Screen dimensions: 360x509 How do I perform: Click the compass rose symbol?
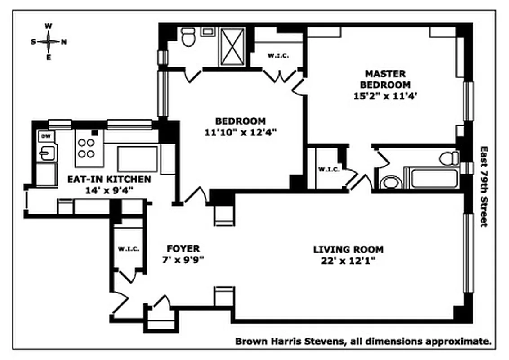pos(49,41)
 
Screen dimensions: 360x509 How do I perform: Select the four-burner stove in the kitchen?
pos(86,148)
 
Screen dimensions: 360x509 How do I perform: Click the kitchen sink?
pos(47,153)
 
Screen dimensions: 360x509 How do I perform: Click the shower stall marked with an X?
pos(232,46)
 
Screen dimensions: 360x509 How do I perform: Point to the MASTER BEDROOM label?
pos(385,79)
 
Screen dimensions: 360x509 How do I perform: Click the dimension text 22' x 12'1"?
pos(348,261)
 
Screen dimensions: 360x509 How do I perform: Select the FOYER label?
pos(183,249)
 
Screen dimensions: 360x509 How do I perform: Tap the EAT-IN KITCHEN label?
pos(109,179)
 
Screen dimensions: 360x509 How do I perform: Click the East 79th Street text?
pos(484,186)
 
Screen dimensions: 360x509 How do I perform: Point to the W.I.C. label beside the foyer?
pos(129,249)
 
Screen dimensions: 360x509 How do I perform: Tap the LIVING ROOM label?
pos(348,249)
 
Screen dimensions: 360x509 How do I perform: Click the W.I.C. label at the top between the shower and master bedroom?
pos(277,56)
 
